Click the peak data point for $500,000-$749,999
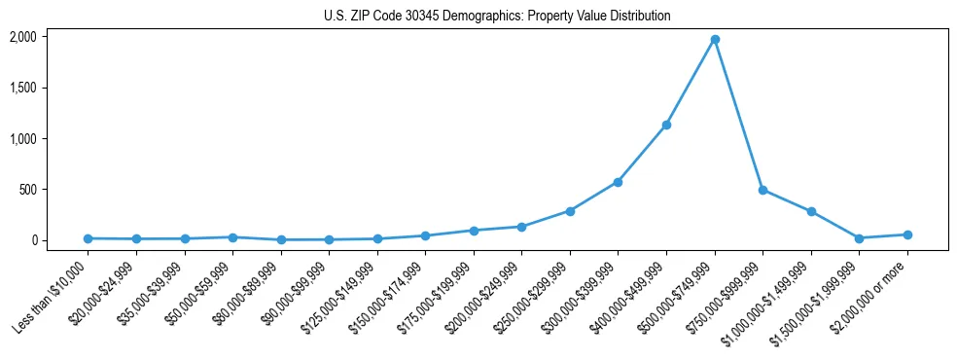coord(714,39)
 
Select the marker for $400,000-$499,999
coord(666,125)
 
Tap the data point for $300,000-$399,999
coord(618,182)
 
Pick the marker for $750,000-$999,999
coord(762,190)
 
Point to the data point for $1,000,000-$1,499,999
coord(811,211)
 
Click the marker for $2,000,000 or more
coord(907,234)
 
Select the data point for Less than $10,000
coord(89,238)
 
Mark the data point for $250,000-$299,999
coord(570,210)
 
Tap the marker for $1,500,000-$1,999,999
coord(859,238)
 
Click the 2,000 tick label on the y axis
coord(23,37)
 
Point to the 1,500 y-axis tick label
coord(23,88)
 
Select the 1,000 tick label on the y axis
coord(23,138)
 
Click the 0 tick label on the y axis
coord(35,240)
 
